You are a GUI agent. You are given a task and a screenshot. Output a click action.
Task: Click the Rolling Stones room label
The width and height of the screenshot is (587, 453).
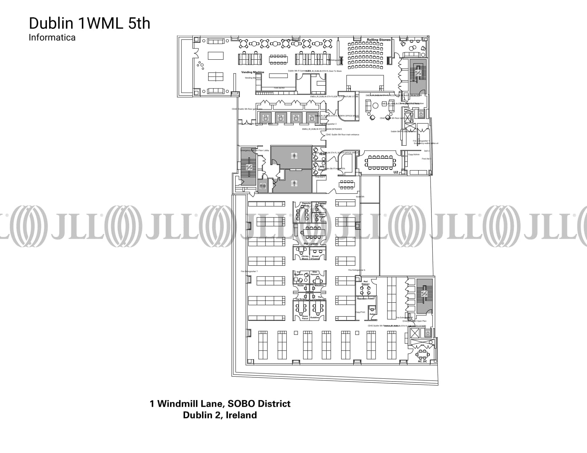[x=379, y=40]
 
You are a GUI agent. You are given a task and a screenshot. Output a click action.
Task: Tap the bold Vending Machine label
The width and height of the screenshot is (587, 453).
[x=253, y=72]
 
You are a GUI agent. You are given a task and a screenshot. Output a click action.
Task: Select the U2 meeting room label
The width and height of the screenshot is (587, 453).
[x=396, y=172]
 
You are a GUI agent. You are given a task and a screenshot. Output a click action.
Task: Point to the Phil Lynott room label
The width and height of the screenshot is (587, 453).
[x=311, y=244]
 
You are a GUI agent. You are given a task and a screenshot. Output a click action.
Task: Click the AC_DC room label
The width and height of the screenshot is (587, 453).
[x=422, y=361]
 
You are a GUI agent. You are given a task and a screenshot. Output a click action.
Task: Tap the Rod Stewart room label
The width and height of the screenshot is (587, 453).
[x=365, y=283]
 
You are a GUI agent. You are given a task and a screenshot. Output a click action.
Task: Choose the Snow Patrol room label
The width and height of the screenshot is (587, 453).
[x=305, y=317]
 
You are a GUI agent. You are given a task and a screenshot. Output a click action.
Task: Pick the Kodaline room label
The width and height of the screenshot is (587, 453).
[x=314, y=318]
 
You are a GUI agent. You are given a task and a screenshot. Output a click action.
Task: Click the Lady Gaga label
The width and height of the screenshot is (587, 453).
[x=321, y=168]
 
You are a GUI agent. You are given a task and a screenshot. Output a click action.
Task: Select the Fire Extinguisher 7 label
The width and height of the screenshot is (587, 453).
[x=249, y=271]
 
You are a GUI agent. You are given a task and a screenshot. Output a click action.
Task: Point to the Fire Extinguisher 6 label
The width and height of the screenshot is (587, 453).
[x=356, y=270]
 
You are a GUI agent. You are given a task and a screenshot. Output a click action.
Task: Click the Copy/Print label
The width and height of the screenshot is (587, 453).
[x=360, y=312]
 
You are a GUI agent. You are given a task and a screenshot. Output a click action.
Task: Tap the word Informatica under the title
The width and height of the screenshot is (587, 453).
[x=52, y=37]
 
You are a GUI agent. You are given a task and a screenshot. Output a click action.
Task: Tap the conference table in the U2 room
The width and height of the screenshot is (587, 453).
[x=380, y=163]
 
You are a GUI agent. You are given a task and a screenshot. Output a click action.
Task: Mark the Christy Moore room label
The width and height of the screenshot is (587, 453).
[x=305, y=257]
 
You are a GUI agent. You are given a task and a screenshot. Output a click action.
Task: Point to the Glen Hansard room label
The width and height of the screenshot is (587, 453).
[x=314, y=273]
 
